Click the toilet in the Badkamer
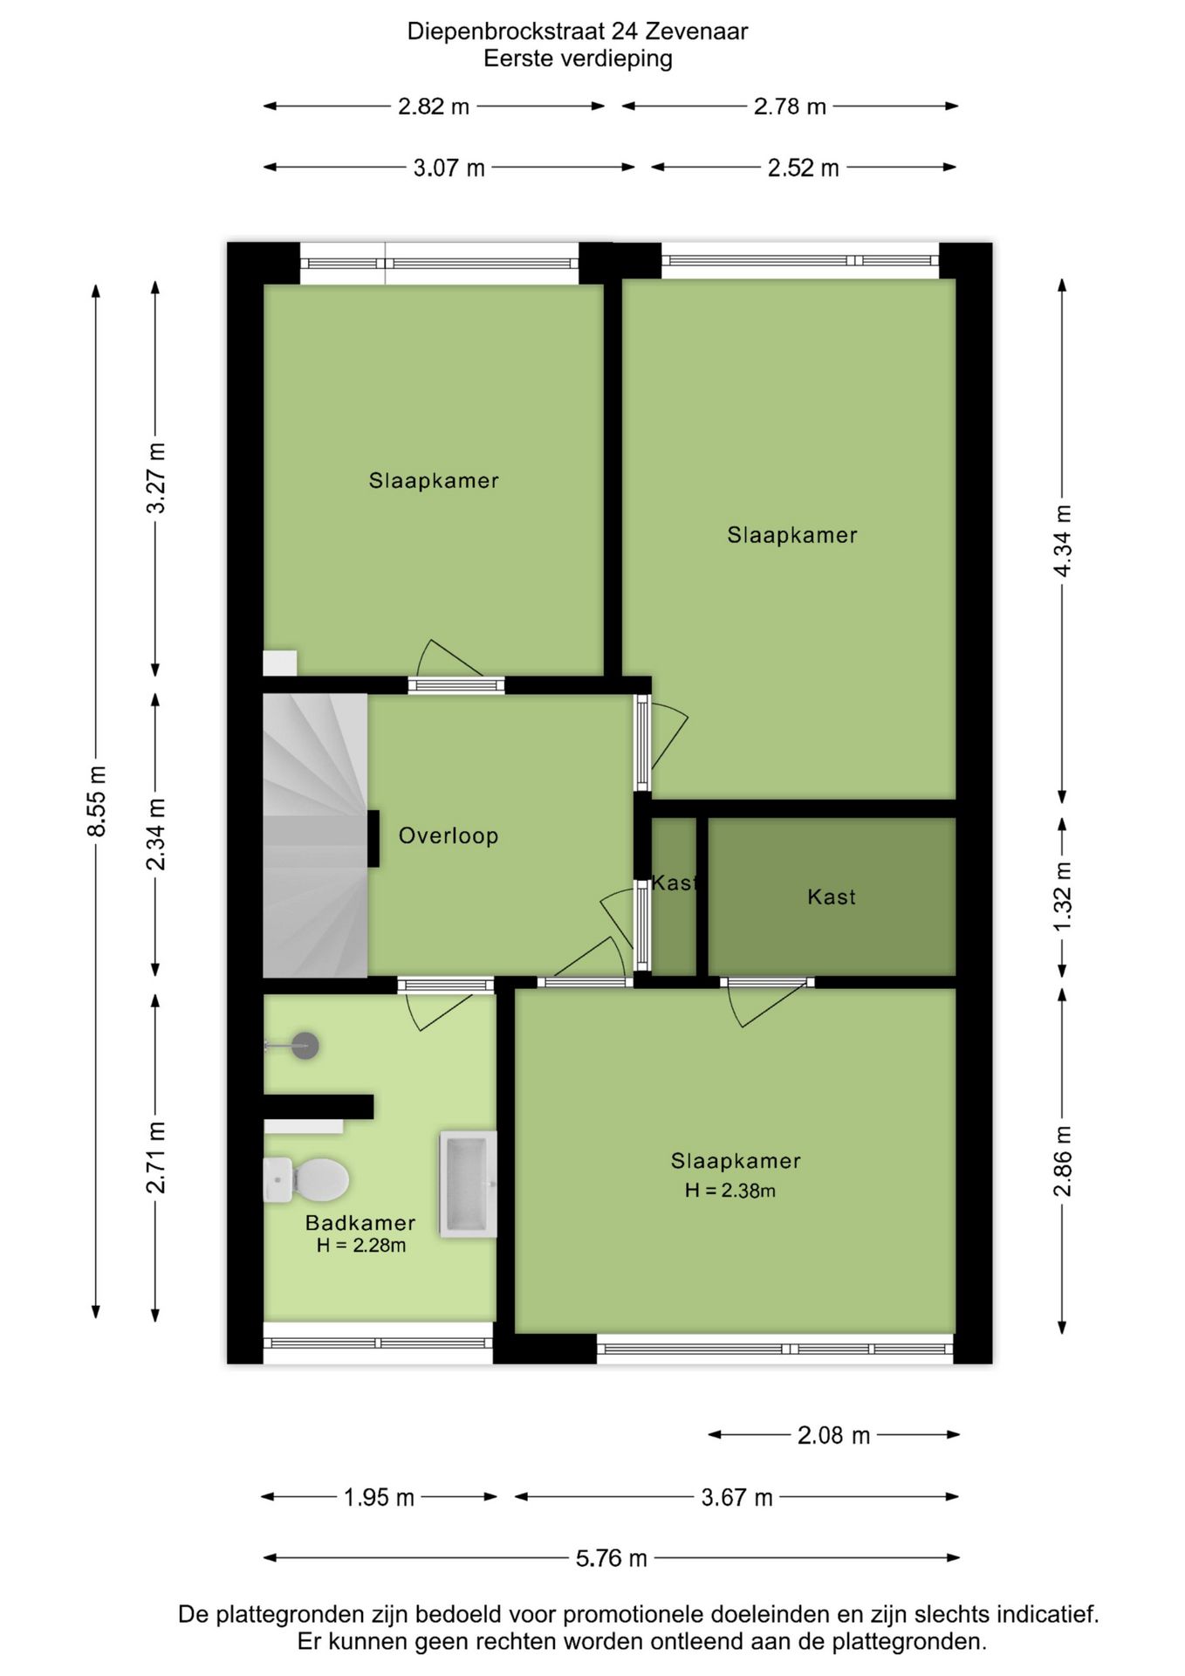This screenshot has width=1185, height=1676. click(308, 1180)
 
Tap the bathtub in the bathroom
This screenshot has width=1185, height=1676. click(468, 1184)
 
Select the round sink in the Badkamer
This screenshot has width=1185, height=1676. click(304, 1045)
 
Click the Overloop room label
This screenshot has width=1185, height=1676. click(449, 836)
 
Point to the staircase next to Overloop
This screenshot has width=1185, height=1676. click(314, 835)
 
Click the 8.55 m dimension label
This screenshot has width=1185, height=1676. click(96, 801)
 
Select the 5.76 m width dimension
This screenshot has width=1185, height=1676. click(611, 1558)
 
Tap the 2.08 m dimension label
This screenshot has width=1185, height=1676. click(833, 1436)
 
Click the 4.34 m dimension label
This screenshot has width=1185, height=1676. click(1063, 540)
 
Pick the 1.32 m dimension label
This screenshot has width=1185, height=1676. click(1063, 896)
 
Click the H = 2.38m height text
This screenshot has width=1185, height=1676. click(729, 1191)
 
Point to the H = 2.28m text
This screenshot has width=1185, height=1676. click(360, 1246)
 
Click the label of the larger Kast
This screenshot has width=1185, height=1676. click(831, 897)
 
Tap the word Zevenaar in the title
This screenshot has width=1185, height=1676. click(697, 31)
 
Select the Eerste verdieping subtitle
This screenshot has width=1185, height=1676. click(578, 59)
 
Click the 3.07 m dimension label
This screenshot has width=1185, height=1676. click(449, 168)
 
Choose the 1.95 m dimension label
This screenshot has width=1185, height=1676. click(379, 1498)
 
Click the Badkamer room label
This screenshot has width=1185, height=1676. click(360, 1223)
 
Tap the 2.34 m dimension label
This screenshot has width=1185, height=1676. click(155, 835)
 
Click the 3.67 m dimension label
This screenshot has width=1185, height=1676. click(736, 1498)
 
